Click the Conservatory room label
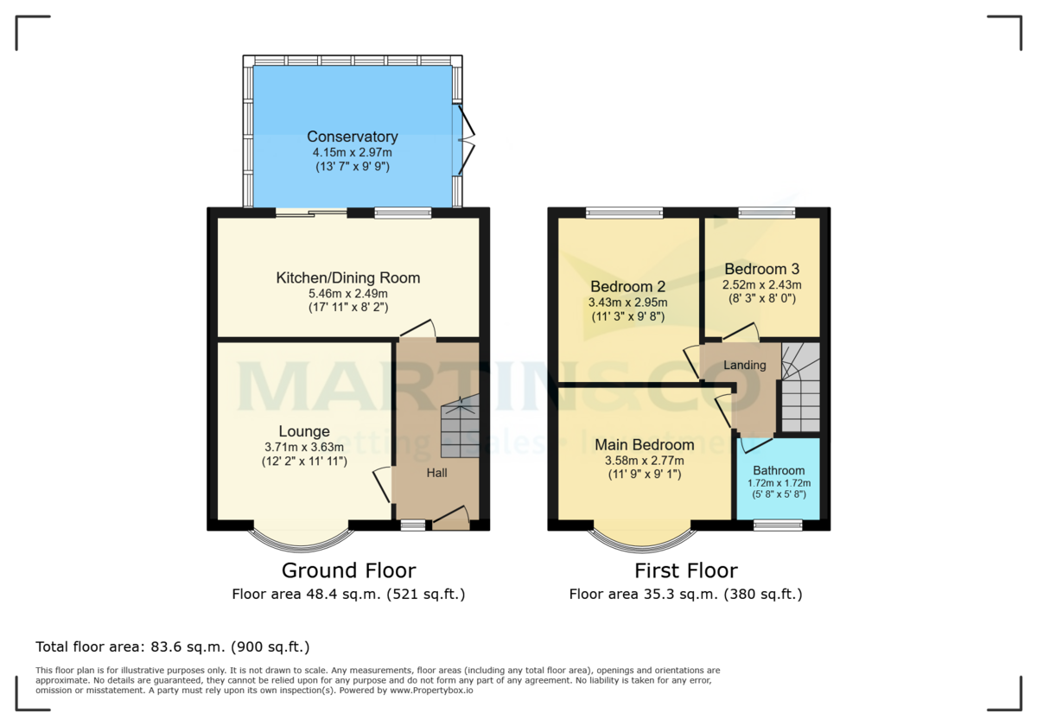tap(352, 137)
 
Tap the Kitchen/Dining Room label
tap(347, 277)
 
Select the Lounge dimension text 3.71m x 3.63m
tap(303, 447)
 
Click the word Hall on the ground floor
tap(436, 473)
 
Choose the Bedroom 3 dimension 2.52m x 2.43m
tap(761, 284)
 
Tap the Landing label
tap(744, 365)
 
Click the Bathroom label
tap(778, 471)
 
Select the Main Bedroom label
tap(644, 445)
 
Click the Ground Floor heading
tap(348, 570)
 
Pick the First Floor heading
tap(685, 570)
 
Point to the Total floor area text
tap(172, 646)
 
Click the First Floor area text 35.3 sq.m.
tap(685, 595)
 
